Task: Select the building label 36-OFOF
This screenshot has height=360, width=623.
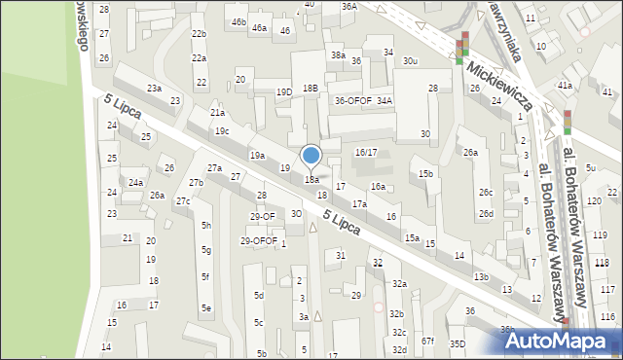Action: pos(353,100)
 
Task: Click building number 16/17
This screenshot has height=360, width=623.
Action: pos(366,153)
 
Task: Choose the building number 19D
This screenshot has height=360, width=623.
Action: pos(284,92)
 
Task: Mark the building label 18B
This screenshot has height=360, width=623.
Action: pos(310,88)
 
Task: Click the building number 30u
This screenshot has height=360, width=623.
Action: pos(411,61)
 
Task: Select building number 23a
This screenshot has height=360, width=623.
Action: pos(154,89)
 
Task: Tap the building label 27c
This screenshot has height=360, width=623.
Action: pos(182,200)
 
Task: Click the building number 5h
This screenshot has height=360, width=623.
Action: pos(205,225)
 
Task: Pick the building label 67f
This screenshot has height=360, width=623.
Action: pos(427,341)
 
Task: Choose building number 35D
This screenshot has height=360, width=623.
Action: pos(458,343)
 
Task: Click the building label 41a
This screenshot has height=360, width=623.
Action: pos(564,86)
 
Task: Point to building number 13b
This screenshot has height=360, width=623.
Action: pos(481,276)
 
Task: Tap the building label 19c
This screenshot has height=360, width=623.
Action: pos(222,131)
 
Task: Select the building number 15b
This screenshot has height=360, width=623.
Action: pos(425,173)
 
